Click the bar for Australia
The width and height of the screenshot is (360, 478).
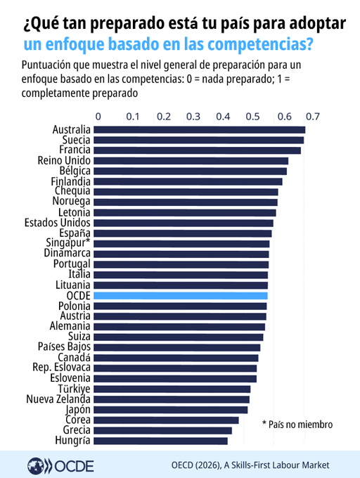[200, 130]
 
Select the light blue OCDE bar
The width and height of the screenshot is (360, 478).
[181, 296]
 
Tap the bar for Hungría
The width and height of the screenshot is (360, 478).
[160, 441]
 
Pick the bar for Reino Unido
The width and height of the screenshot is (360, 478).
[191, 161]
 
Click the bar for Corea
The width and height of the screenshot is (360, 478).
[166, 420]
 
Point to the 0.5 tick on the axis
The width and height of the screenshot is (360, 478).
[252, 117]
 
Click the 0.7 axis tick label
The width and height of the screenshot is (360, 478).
[313, 117]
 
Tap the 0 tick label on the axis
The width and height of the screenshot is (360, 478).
[98, 117]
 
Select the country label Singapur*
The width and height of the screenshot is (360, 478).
[68, 243]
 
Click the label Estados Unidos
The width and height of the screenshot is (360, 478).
[58, 223]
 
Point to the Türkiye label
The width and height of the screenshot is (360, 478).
[75, 389]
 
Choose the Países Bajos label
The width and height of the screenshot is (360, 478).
[64, 347]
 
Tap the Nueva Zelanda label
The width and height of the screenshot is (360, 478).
[58, 399]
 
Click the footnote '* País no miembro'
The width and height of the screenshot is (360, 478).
[297, 425]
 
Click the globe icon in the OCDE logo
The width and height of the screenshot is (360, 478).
[36, 466]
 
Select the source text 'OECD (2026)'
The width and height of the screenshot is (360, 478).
[195, 465]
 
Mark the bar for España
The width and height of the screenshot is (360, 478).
[183, 233]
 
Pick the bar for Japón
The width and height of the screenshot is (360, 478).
[171, 410]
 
